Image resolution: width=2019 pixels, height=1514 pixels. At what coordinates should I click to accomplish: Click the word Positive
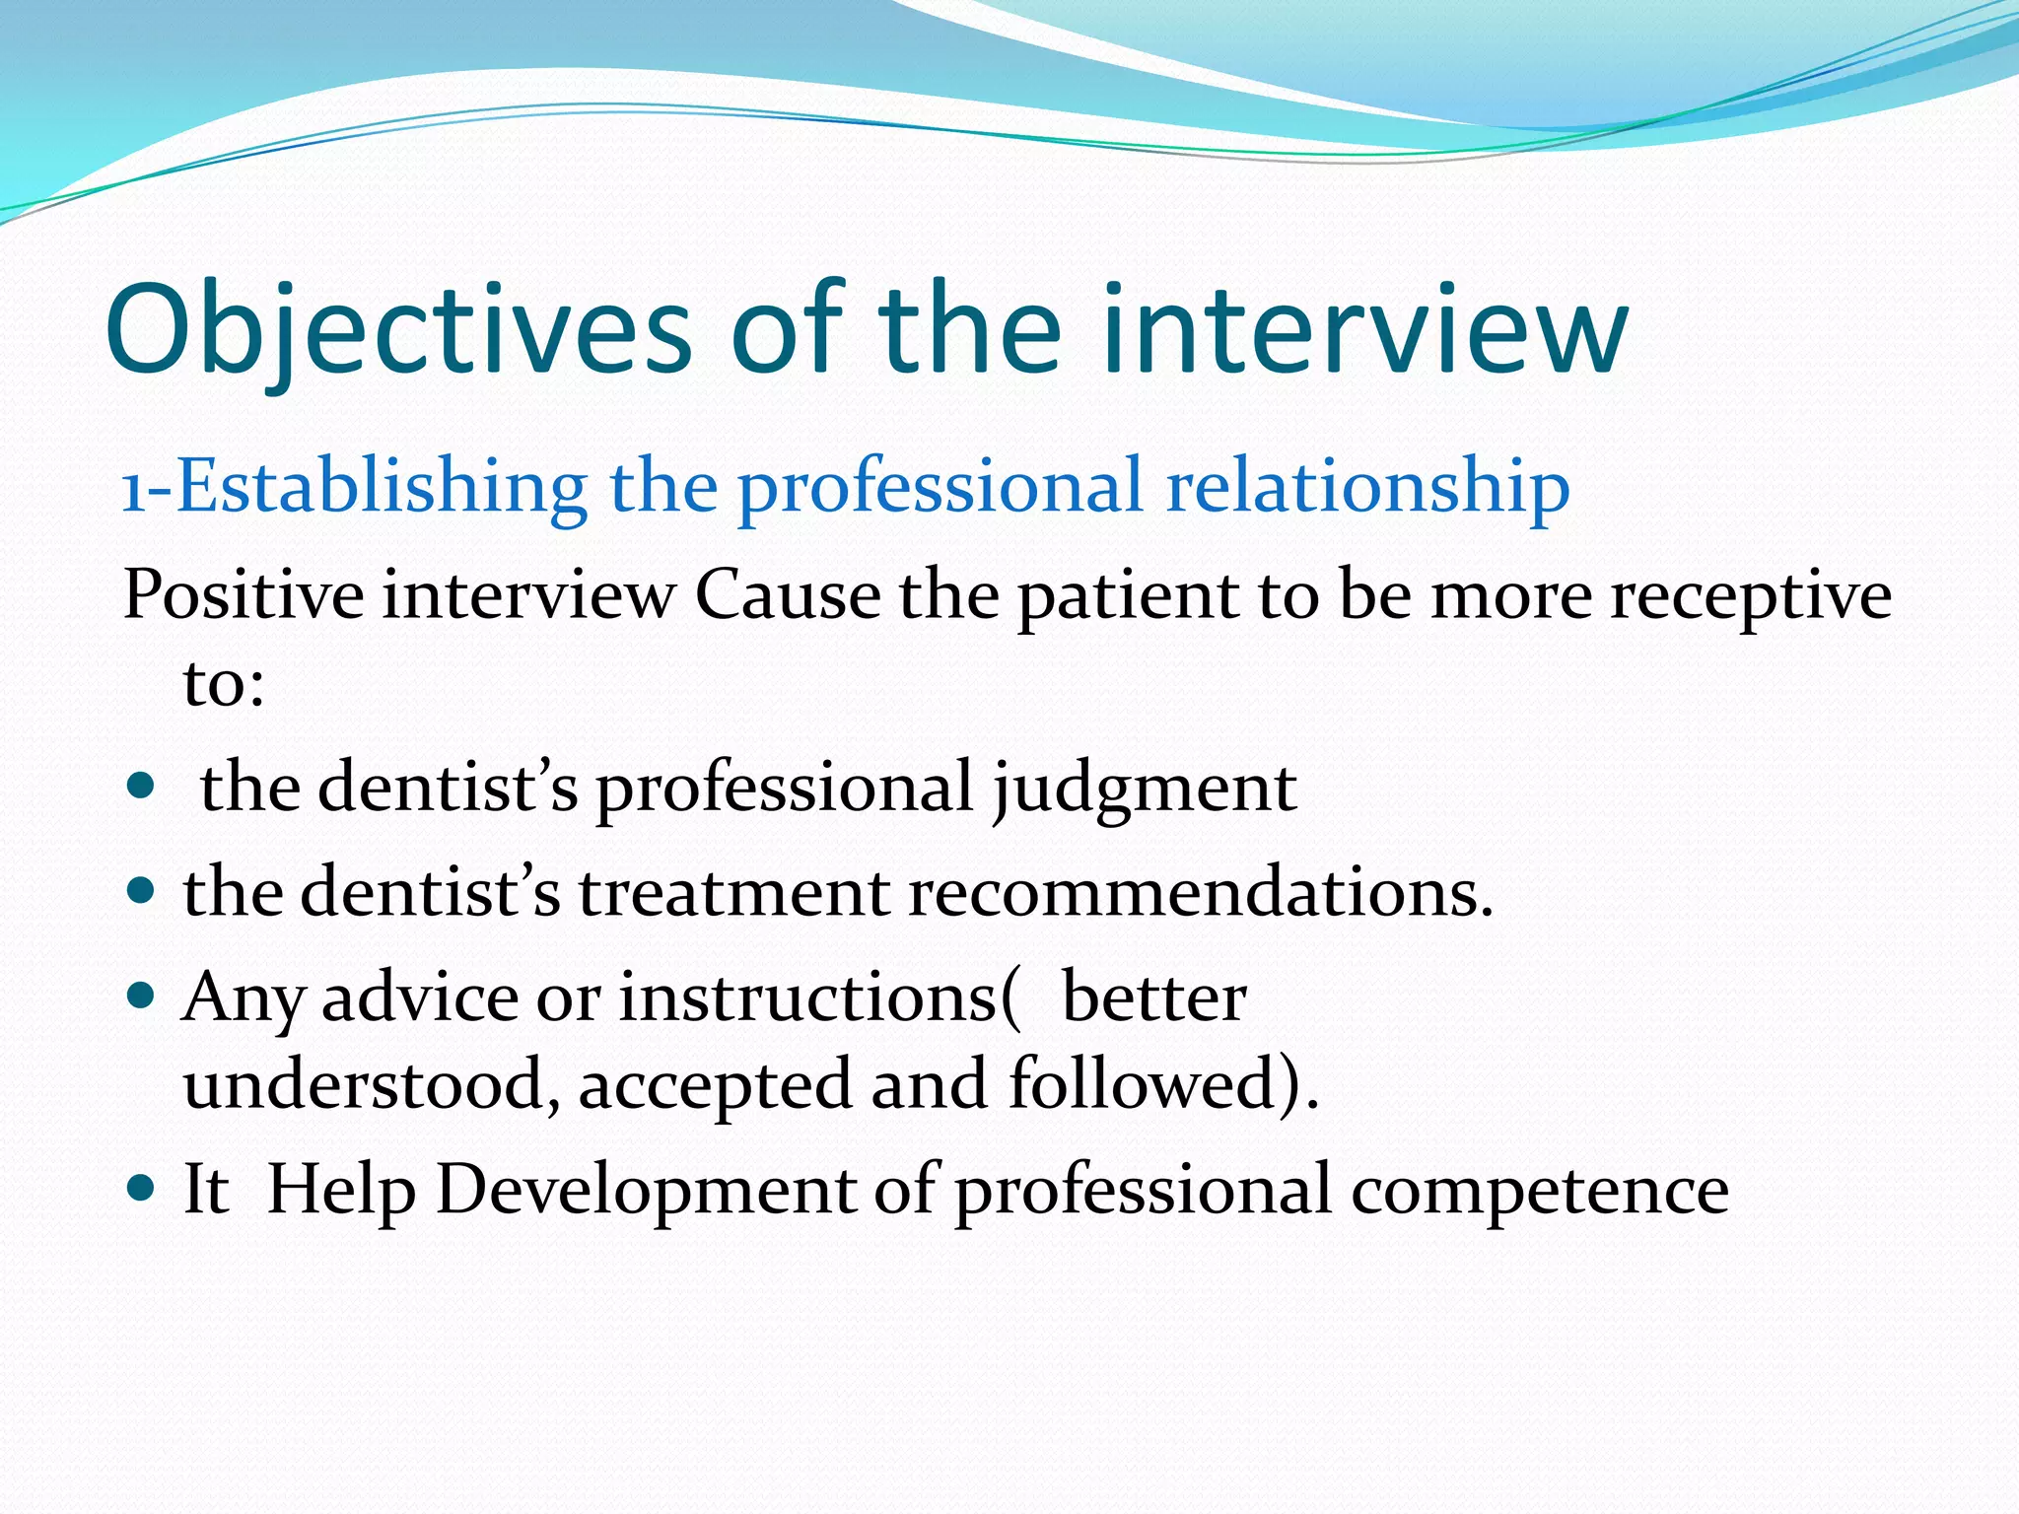click(x=244, y=595)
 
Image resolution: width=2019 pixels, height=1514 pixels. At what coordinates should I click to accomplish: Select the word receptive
click(x=1751, y=597)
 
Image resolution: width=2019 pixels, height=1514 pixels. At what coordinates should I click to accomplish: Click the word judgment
click(x=1144, y=789)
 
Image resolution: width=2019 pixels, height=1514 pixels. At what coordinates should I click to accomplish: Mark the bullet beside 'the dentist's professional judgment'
click(x=142, y=787)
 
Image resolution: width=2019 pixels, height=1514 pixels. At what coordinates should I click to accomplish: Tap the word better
click(x=1153, y=998)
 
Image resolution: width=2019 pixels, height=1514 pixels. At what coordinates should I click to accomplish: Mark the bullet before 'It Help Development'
click(x=142, y=1187)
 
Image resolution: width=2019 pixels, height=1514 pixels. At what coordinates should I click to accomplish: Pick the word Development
click(x=646, y=1191)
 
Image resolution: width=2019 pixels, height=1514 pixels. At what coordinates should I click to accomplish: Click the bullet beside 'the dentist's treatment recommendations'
click(x=142, y=891)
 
